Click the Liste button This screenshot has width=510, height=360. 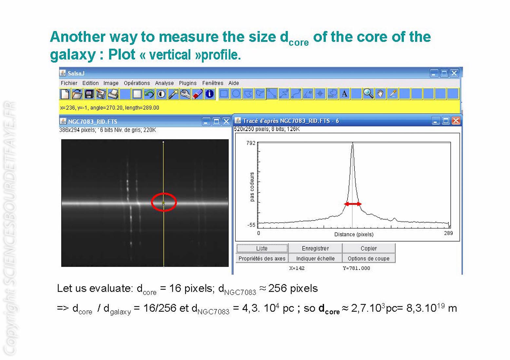click(x=262, y=248)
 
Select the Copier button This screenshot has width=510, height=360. click(x=368, y=248)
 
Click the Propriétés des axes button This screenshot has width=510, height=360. click(x=262, y=258)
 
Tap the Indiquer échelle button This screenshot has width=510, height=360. click(x=315, y=258)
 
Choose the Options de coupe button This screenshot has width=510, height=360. click(x=368, y=258)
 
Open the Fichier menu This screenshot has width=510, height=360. click(x=69, y=83)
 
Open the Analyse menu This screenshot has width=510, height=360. click(x=164, y=83)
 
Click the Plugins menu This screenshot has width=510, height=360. click(x=188, y=83)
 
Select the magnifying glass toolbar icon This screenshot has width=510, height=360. click(x=368, y=94)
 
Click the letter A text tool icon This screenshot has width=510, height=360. click(x=345, y=94)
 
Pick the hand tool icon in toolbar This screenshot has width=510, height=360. click(x=380, y=94)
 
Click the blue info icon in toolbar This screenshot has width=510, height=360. click(x=209, y=94)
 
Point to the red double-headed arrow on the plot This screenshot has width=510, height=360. click(x=352, y=204)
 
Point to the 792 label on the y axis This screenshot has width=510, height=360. click(x=251, y=143)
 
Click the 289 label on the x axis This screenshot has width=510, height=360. click(x=448, y=233)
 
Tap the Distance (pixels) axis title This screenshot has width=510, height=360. click(x=354, y=234)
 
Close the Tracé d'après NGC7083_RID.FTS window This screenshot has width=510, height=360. click(x=456, y=120)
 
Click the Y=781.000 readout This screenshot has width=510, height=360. click(x=356, y=268)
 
